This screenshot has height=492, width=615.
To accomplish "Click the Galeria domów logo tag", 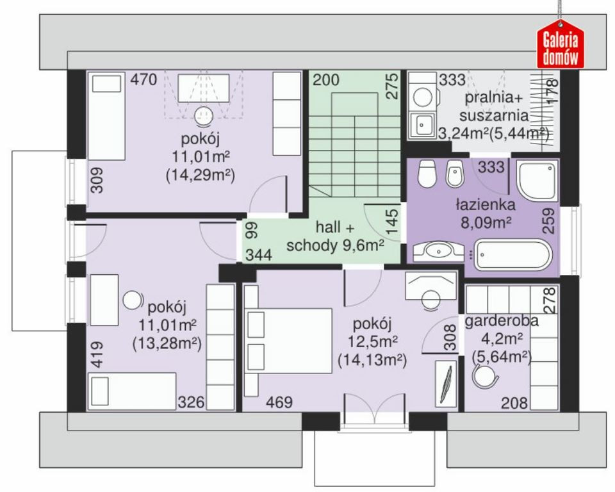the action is [x=561, y=44].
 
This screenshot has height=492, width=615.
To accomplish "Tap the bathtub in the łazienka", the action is [x=513, y=256].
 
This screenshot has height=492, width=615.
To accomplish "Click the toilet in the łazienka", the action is [x=427, y=174].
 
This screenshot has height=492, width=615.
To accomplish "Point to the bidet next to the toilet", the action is [x=455, y=174].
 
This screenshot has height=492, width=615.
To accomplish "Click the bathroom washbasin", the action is [x=438, y=252].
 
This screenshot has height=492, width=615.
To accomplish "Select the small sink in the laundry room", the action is [x=422, y=125].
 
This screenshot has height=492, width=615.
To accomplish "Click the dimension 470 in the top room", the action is [x=143, y=79].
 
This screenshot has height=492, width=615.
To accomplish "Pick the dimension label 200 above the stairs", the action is [x=326, y=79].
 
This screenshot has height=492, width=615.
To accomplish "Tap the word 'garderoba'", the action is [x=502, y=321].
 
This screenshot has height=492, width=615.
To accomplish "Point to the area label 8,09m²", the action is [x=486, y=223].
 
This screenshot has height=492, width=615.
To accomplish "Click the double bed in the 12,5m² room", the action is [x=288, y=341].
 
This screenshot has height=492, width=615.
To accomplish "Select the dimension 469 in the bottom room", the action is [x=279, y=402].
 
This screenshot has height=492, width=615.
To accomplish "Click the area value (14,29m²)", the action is [x=201, y=175].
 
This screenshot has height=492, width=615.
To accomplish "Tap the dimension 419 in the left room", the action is [x=97, y=355].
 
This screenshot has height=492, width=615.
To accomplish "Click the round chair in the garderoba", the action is [x=485, y=376].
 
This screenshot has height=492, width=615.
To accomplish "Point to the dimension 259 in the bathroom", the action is [x=549, y=220].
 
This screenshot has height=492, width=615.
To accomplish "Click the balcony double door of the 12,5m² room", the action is [x=374, y=409].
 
